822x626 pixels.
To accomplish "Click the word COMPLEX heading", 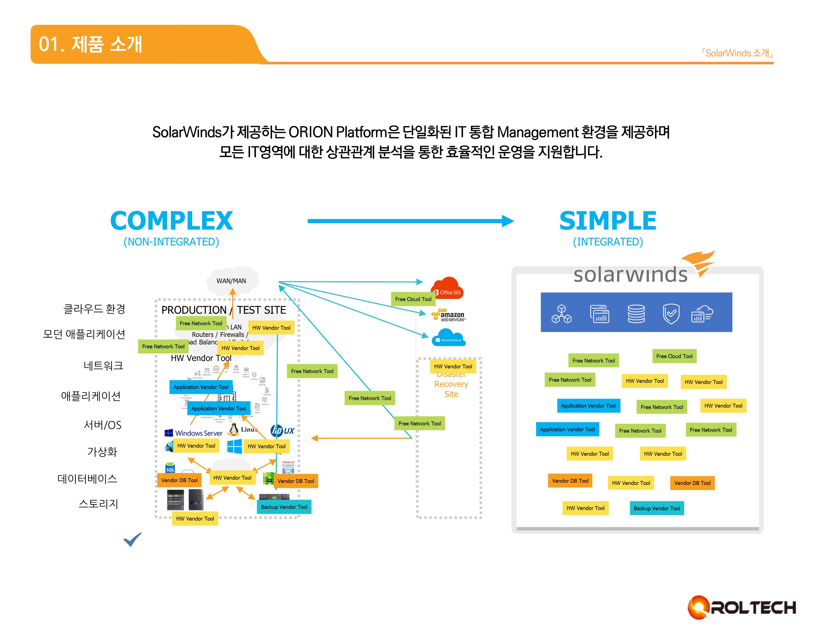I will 171,221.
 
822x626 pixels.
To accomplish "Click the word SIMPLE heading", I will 608,221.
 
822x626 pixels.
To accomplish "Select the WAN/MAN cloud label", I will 231,281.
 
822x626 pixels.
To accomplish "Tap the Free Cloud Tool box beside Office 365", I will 413,299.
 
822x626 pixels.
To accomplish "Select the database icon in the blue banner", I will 636,313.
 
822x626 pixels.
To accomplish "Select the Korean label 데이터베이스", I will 87,479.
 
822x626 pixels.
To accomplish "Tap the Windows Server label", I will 194,433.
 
